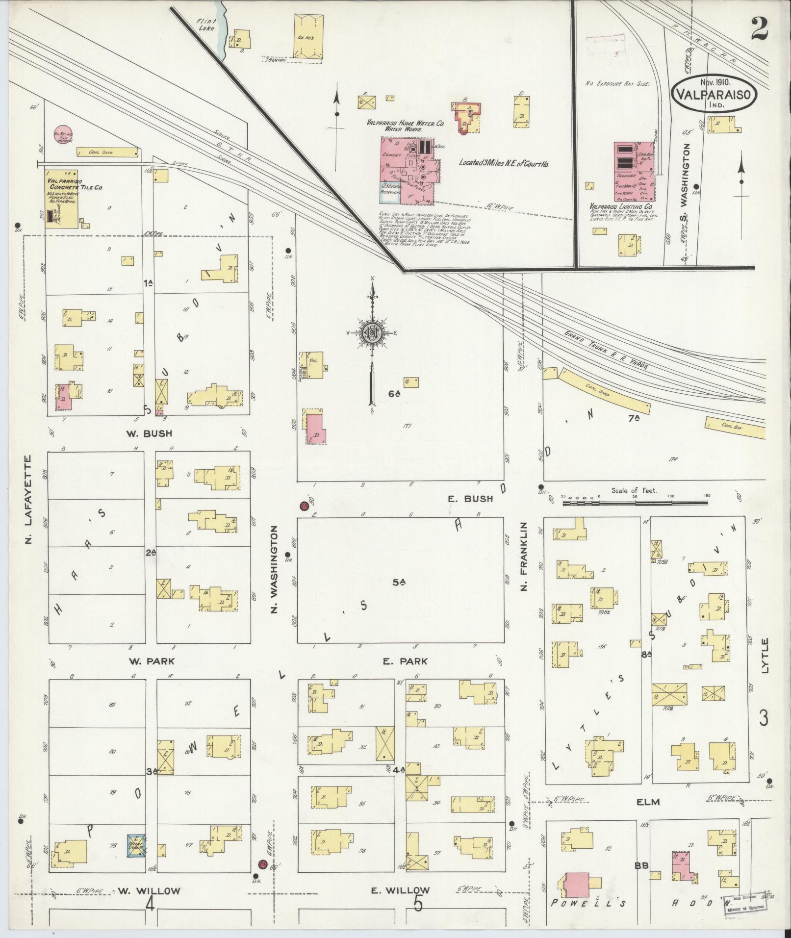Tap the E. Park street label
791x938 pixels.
(405, 661)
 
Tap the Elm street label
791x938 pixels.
(648, 802)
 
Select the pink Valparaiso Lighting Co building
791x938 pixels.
(634, 172)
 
